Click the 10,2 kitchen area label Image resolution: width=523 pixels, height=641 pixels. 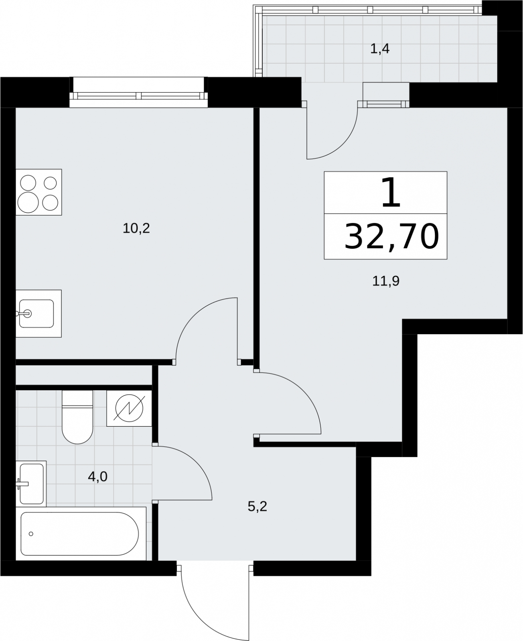(136, 229)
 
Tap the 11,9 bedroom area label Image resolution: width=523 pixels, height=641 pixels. (386, 281)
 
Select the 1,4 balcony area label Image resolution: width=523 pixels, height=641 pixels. (380, 48)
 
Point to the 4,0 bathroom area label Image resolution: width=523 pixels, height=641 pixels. (97, 477)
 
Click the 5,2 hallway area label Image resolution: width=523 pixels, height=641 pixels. (257, 506)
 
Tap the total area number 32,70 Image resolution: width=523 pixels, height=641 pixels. (391, 236)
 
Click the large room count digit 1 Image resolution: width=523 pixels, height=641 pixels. (391, 192)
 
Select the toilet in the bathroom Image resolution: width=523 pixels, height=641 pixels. (77, 417)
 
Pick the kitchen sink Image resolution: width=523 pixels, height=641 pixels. (36, 314)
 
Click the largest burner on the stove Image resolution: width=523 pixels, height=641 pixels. (28, 202)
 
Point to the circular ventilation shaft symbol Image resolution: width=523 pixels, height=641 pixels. (129, 408)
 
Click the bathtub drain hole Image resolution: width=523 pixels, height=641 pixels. (31, 534)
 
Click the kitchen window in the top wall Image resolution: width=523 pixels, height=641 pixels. (139, 96)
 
